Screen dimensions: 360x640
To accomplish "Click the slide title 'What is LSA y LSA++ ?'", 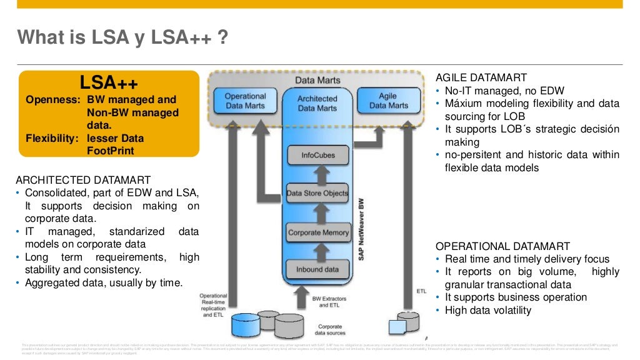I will pos(122,38).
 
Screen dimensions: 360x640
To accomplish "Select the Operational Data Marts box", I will pos(245,101).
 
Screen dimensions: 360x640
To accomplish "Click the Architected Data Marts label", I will pos(317,104).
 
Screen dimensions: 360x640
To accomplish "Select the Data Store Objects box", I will pos(317,193).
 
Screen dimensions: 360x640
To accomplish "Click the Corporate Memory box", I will pos(318,232).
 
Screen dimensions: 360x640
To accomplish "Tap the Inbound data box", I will pos(317,269).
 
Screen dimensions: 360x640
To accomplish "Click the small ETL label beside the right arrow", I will pos(421,291).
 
